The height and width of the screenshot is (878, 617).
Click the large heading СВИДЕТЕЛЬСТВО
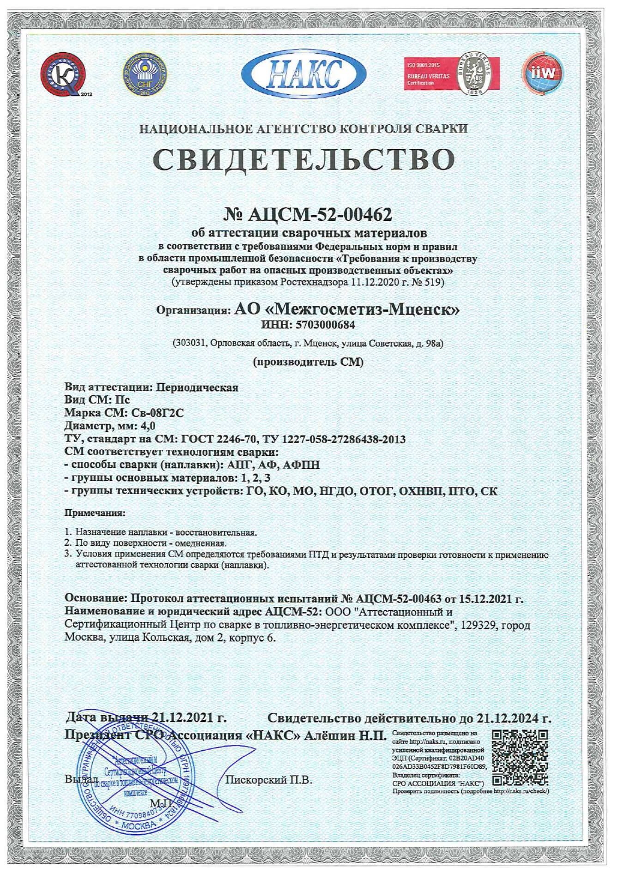(x=304, y=159)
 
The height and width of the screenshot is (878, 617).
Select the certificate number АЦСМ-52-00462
(x=320, y=214)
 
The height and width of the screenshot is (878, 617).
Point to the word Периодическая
(x=197, y=387)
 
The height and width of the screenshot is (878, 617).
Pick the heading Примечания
(x=95, y=513)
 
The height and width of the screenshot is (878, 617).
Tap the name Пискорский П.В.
(x=269, y=780)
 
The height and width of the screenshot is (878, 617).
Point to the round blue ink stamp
(x=134, y=781)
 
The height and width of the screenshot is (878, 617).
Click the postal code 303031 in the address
(x=190, y=343)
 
